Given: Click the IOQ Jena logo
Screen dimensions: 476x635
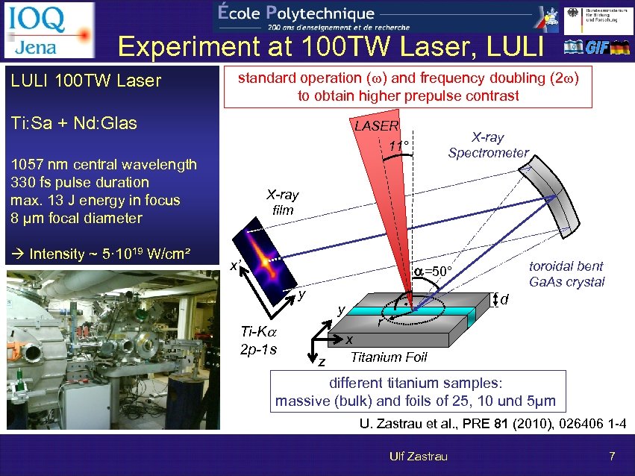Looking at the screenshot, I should (x=49, y=30).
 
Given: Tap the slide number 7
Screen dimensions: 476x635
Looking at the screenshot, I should (x=611, y=456).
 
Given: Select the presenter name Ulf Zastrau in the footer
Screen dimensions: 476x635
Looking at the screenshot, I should (x=417, y=456).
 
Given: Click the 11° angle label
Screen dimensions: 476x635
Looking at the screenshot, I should (x=400, y=145).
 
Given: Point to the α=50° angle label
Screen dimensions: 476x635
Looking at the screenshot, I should (x=433, y=269).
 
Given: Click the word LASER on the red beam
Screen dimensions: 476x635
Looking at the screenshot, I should (x=376, y=126).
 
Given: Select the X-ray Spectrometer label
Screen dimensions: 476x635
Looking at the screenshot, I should (x=488, y=145).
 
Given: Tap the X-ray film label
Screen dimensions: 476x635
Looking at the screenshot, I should (x=283, y=202).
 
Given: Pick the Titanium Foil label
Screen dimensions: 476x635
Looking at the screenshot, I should (x=389, y=357).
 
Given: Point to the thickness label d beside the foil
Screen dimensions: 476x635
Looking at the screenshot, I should (x=504, y=299).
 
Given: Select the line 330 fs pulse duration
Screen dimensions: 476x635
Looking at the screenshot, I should (x=81, y=183).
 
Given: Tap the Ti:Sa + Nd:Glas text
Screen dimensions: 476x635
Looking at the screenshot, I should (x=74, y=123).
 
